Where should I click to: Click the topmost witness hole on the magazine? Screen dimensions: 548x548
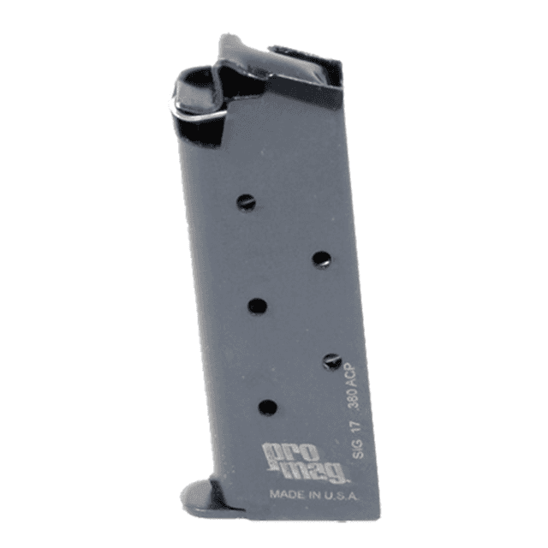(246, 202)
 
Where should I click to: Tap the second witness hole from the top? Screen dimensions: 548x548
(321, 259)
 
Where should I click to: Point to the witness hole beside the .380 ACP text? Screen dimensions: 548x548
(332, 361)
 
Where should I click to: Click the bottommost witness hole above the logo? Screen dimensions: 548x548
(268, 408)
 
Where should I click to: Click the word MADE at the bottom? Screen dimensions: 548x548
(284, 494)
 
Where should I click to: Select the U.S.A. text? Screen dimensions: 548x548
(337, 494)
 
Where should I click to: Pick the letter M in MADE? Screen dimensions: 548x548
(274, 494)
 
